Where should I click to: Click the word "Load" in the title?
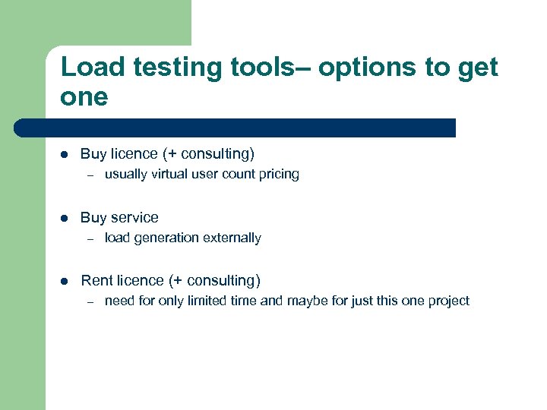(87, 68)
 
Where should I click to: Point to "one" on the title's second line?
(84, 98)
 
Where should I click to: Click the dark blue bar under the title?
(236, 128)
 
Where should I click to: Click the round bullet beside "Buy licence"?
(65, 154)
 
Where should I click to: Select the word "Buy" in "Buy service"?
(93, 218)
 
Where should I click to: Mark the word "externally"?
(230, 238)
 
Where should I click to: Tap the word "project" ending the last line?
(448, 301)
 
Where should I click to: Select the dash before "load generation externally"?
(89, 238)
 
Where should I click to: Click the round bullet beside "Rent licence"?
(65, 281)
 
